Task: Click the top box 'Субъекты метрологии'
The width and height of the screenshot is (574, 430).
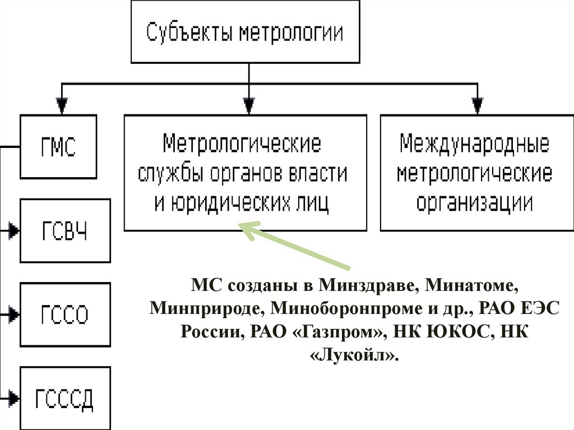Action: click(244, 31)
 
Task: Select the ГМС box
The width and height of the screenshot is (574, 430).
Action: click(58, 146)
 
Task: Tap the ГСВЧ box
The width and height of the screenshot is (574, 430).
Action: click(65, 230)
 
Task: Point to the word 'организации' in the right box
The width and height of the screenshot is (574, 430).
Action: click(474, 202)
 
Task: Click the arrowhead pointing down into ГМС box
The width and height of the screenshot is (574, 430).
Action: click(62, 105)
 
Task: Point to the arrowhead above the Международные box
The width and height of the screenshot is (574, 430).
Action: click(477, 105)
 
